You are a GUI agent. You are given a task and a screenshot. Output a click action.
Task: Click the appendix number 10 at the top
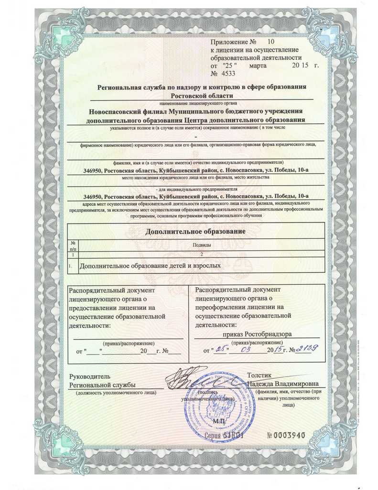point(272,43)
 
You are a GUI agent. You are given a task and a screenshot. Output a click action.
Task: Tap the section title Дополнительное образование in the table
point(195,232)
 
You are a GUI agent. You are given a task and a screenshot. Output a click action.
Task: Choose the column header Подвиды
point(201,244)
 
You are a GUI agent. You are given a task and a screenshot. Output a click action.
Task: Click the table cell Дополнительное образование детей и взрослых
point(150,265)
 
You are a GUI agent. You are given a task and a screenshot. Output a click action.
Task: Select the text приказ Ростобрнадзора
point(258,334)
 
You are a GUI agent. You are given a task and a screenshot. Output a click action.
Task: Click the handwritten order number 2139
point(306,350)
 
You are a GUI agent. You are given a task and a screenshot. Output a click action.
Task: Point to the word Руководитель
point(90,377)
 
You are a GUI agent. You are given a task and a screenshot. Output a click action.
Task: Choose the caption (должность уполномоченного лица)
point(116,393)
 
